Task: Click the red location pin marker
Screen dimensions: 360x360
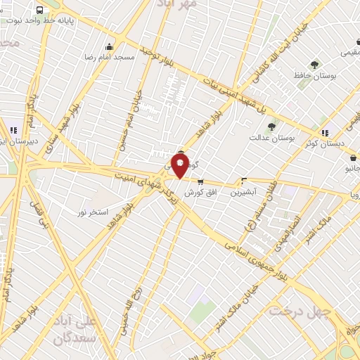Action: pyautogui.click(x=181, y=165)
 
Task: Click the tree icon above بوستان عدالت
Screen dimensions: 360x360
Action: pyautogui.click(x=271, y=126)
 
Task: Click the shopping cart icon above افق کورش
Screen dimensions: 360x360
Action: pyautogui.click(x=200, y=181)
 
